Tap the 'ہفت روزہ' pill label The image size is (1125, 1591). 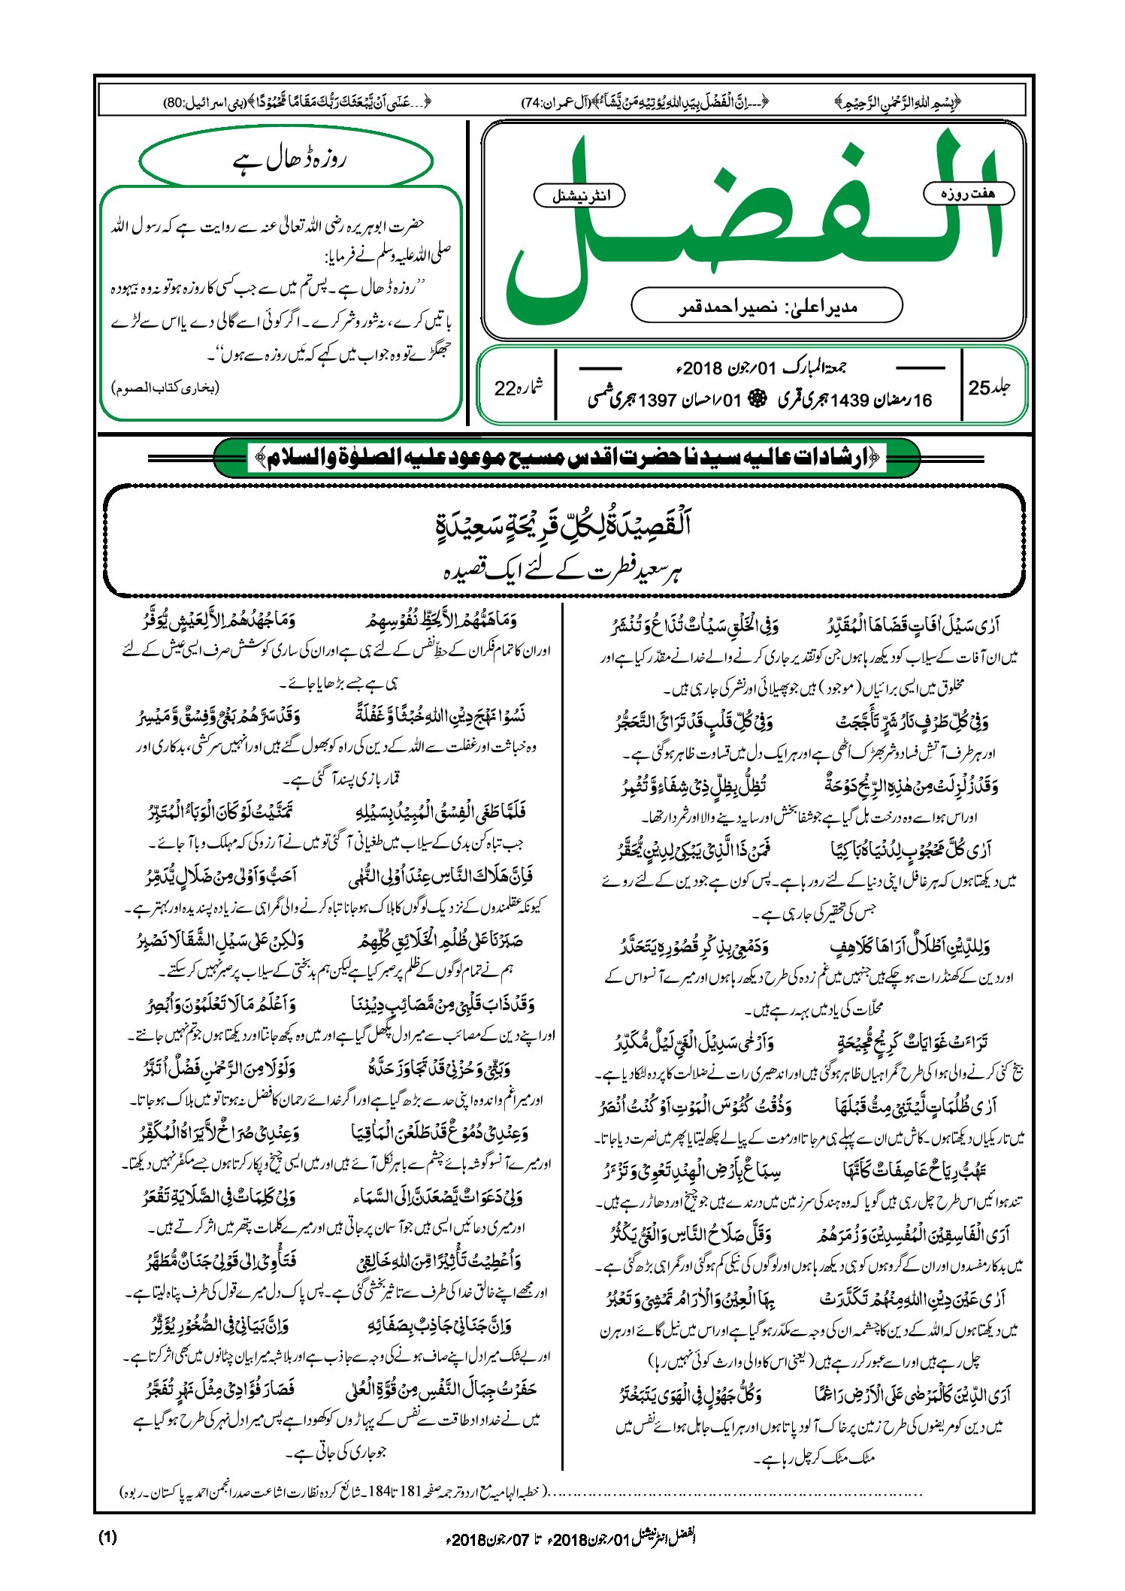coord(968,193)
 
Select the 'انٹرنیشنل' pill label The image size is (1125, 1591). coord(579,196)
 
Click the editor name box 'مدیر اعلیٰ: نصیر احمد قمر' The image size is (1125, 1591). coord(767,307)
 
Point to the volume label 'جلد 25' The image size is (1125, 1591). coord(989,387)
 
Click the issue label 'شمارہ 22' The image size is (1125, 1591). coord(518,388)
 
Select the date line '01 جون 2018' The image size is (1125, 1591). coord(761,369)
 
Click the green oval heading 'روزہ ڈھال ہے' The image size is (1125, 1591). coord(286,160)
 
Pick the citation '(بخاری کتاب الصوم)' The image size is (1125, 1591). coord(166,389)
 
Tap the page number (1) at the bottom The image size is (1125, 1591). coord(107,1537)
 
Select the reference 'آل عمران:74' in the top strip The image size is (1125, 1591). coord(555,101)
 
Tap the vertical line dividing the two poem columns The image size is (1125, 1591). coord(563,1037)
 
